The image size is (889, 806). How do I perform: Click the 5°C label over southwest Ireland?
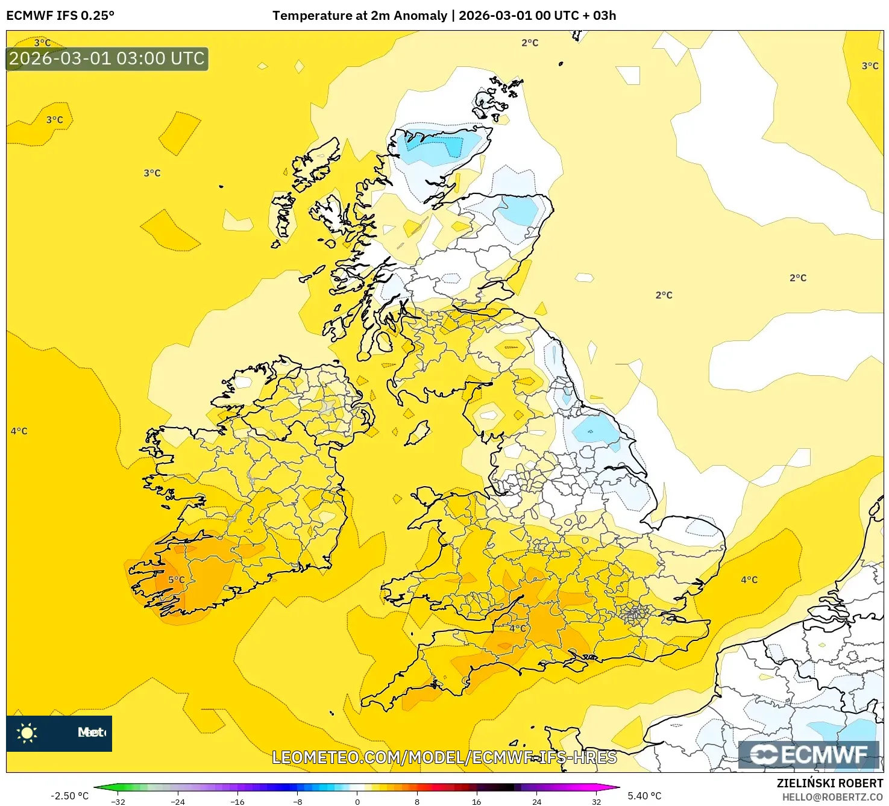176,580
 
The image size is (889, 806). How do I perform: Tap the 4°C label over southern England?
517,628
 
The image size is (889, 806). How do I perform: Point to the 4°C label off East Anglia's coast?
749,580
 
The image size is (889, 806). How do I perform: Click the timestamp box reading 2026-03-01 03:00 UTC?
107,59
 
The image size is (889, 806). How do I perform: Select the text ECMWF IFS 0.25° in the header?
60,16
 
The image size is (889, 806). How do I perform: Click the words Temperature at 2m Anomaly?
360,16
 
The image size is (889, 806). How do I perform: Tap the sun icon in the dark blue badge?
27,733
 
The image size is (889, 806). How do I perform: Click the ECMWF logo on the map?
809,755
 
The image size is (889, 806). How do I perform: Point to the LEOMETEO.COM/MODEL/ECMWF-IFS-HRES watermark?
444,757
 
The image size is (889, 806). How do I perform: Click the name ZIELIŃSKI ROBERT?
829,783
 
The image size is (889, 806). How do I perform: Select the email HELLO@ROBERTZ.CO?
832,797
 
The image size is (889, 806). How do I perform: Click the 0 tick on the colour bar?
357,801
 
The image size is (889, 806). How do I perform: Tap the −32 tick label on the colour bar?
118,801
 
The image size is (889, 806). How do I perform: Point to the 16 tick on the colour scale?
476,801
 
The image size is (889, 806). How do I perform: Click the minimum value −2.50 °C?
69,796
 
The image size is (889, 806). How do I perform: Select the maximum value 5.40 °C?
644,796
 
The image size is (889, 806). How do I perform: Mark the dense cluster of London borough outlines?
634,614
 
